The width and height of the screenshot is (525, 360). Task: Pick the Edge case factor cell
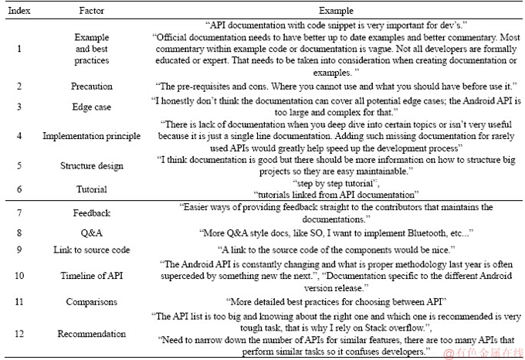[x=92, y=107]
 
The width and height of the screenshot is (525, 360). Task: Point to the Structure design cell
[x=92, y=165]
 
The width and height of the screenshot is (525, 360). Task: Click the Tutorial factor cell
[x=92, y=189]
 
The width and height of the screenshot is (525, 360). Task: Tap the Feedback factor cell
[x=92, y=212]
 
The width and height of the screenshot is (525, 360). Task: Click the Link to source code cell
[x=92, y=250]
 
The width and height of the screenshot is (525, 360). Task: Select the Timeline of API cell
[x=92, y=275]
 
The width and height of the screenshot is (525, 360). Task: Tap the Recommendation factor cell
[x=92, y=334]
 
